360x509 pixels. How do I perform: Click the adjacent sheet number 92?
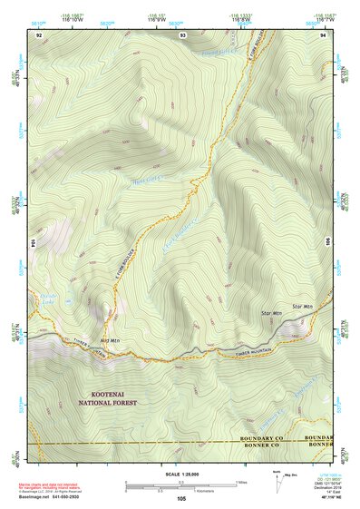pyautogui.click(x=39, y=34)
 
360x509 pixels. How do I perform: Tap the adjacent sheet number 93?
pyautogui.click(x=183, y=34)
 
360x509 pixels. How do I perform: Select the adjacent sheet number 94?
pyautogui.click(x=323, y=34)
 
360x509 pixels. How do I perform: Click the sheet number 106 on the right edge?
pyautogui.click(x=327, y=242)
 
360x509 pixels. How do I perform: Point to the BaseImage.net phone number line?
pyautogui.click(x=51, y=497)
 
